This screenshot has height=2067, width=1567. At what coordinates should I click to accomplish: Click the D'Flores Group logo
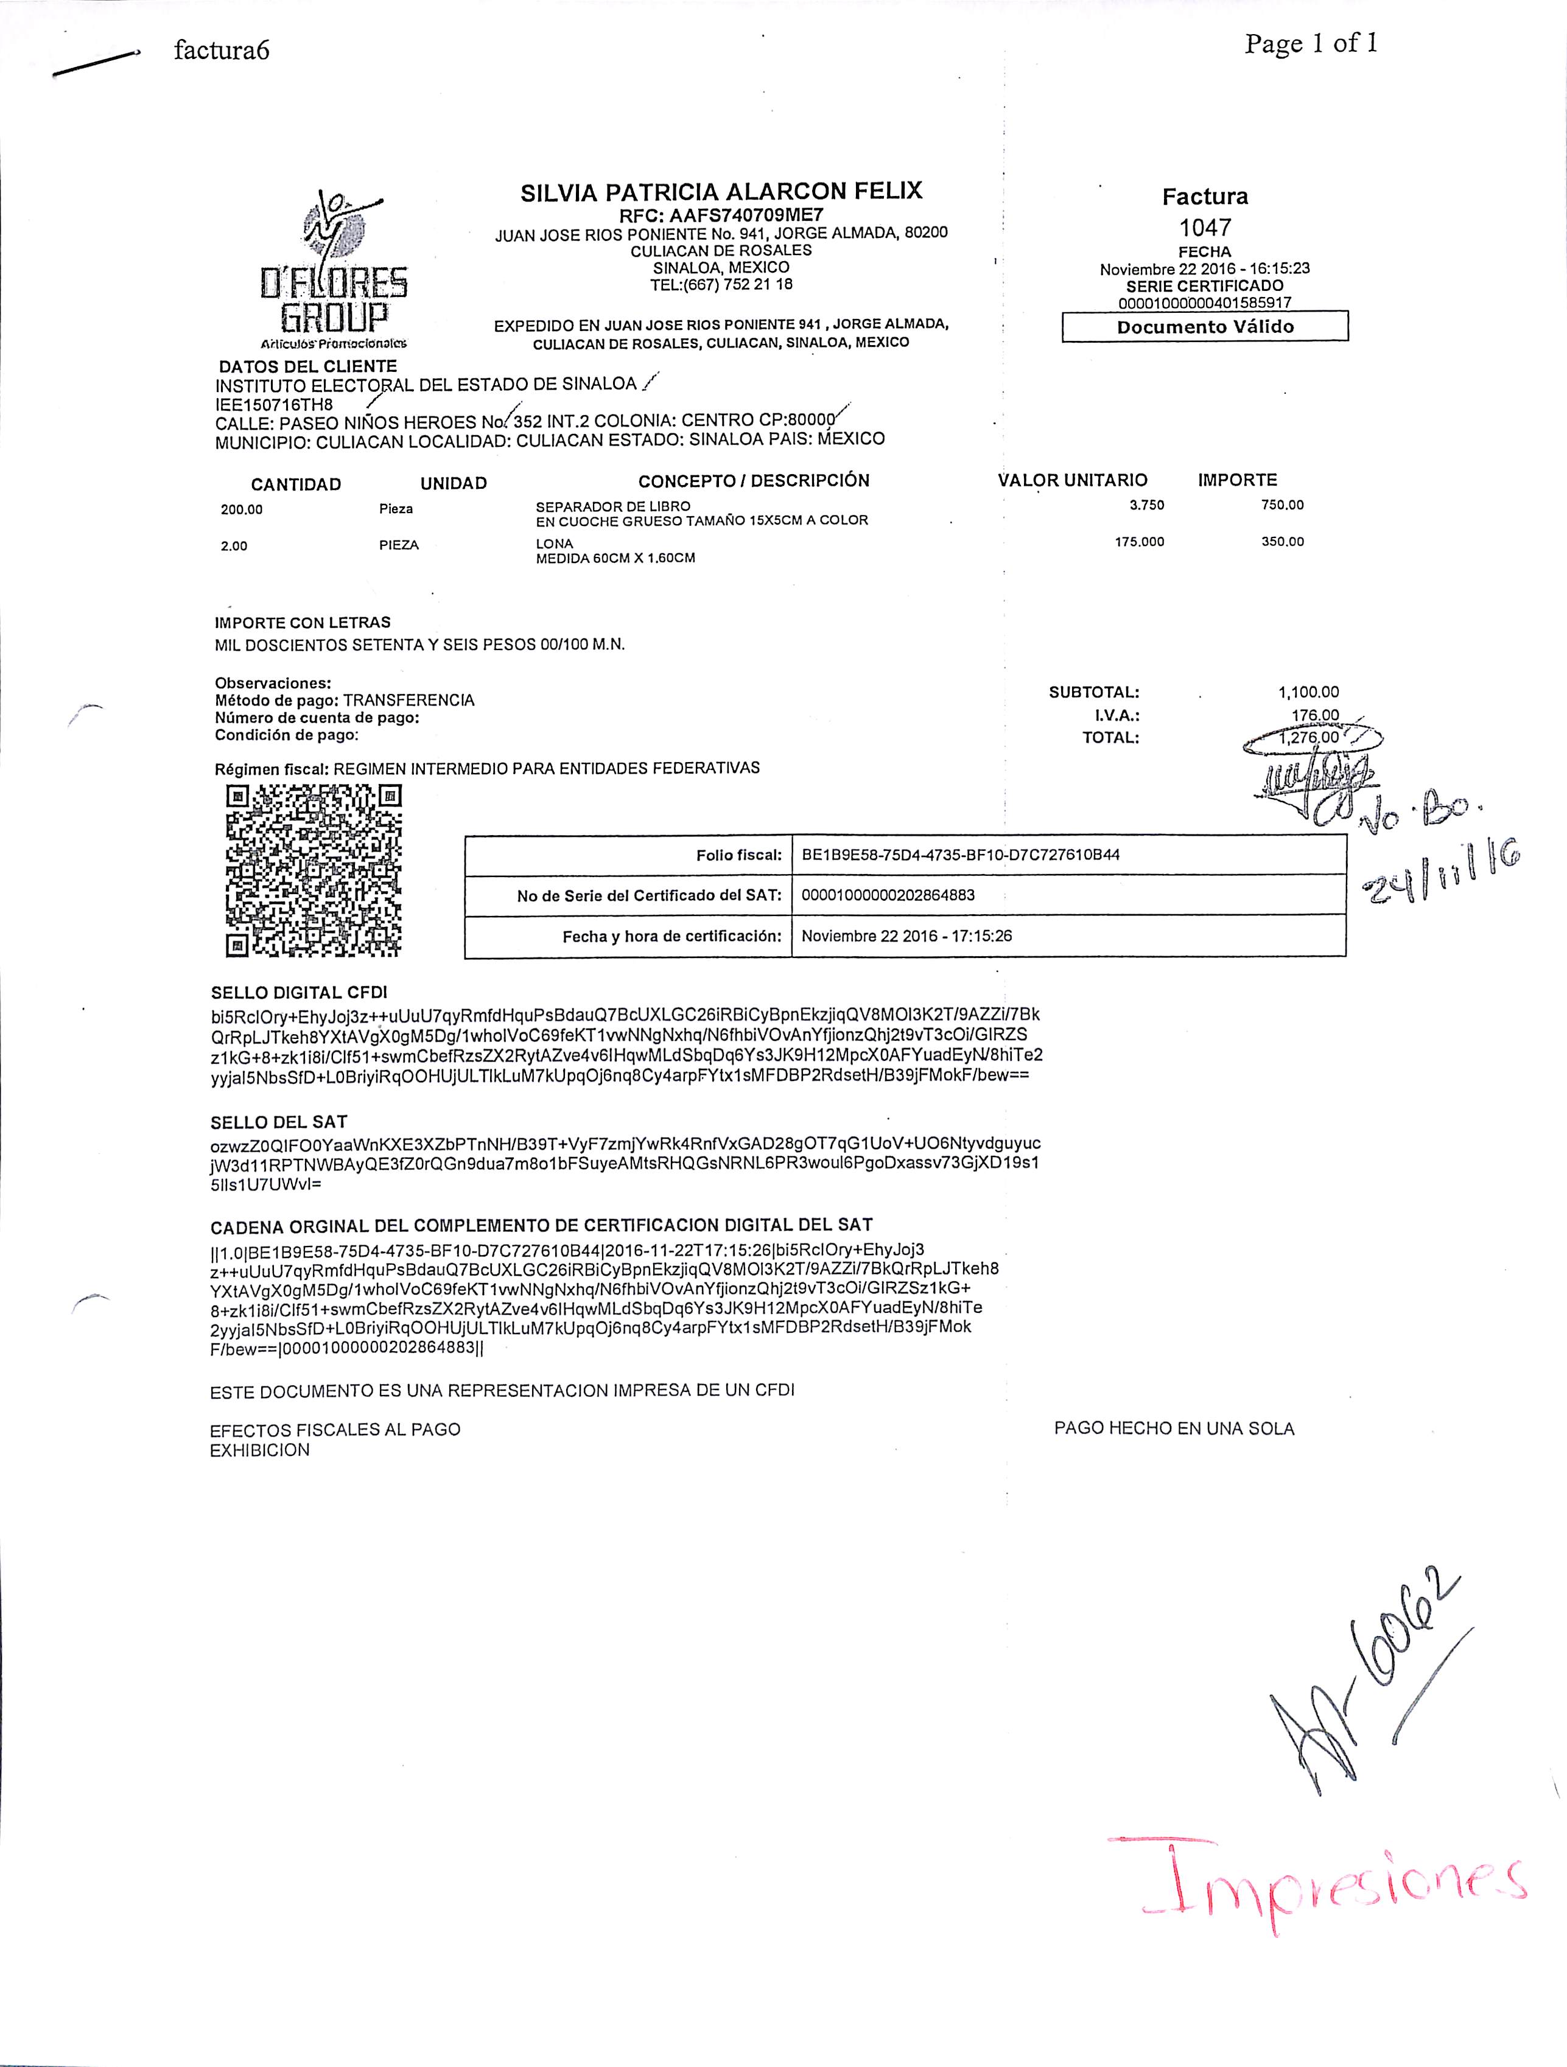334,270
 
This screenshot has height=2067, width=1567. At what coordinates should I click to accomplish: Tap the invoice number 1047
1204,227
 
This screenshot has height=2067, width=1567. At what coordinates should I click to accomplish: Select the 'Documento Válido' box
1204,327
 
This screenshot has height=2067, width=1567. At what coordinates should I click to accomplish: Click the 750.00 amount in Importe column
1282,505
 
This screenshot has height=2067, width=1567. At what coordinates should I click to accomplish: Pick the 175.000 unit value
1139,542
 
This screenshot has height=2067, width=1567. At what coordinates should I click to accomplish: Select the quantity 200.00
242,510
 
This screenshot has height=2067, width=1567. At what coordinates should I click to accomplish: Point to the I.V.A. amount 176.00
1315,716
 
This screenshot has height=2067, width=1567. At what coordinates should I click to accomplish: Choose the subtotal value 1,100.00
1308,693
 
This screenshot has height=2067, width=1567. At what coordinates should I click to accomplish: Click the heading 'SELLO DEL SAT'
278,1122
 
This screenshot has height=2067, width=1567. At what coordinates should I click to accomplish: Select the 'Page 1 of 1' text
1310,44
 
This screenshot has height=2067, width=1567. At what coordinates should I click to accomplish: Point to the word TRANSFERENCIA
408,700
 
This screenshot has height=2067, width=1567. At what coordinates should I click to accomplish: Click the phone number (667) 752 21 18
721,284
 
